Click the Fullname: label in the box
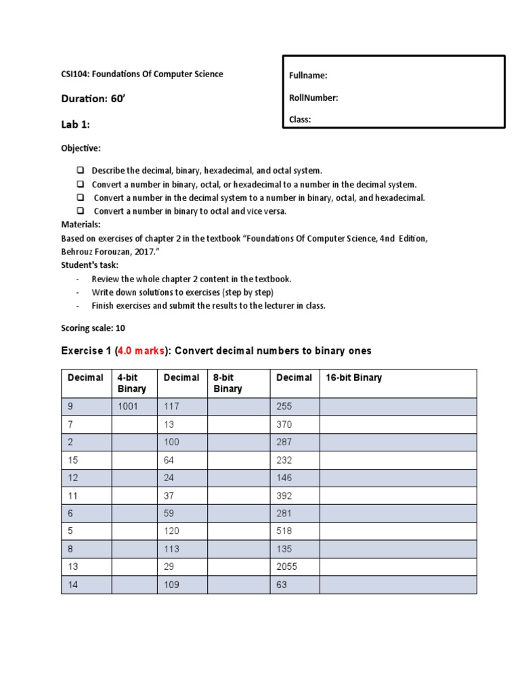308,76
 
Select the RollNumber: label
313,98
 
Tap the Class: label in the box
300,120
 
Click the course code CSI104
75,74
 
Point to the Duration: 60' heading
93,99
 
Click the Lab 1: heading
75,125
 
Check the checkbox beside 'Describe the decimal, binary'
80,171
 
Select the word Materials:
81,224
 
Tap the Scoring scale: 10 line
93,328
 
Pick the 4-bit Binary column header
131,383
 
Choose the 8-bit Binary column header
227,383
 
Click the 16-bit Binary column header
353,378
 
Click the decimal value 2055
286,566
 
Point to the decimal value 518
284,531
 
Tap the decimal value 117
172,406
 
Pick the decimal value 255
284,406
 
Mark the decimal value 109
172,584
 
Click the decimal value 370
284,424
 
